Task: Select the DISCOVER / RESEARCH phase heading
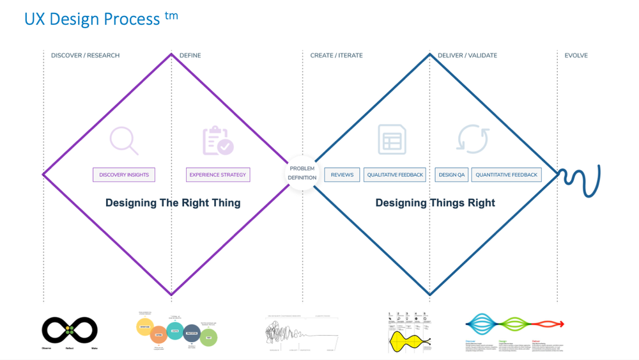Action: click(x=85, y=56)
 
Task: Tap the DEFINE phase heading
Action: click(x=190, y=56)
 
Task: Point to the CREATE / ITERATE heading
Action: click(x=336, y=56)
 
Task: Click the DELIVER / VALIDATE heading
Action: click(x=467, y=56)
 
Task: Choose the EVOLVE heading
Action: click(x=576, y=56)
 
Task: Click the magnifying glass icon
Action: click(x=124, y=141)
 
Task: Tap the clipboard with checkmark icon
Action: click(x=218, y=141)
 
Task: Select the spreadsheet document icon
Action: click(x=392, y=139)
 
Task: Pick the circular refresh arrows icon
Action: click(x=473, y=139)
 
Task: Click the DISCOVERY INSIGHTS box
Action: click(x=124, y=175)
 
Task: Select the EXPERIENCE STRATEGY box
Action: click(x=218, y=175)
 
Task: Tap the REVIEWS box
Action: click(x=342, y=175)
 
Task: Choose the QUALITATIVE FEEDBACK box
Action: click(x=395, y=175)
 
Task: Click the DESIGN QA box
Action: click(x=452, y=175)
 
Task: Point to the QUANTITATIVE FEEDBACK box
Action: click(x=507, y=175)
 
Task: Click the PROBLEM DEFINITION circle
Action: click(x=302, y=173)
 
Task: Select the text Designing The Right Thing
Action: click(x=173, y=203)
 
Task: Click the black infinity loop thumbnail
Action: click(x=70, y=331)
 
